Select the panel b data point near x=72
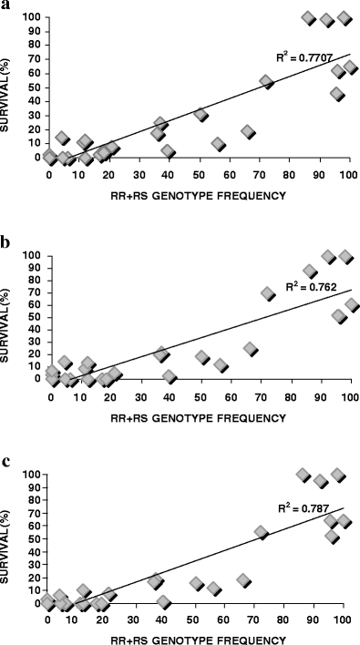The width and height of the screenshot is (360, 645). click(268, 293)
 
